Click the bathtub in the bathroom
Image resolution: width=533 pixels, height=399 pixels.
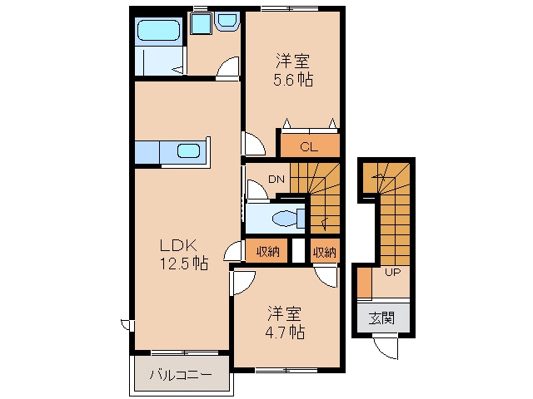coord(158,30)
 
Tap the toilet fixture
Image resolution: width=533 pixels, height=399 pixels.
coord(288,218)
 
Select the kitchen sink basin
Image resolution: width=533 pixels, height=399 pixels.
coord(189,150)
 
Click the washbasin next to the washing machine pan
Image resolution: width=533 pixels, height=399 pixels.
coord(227,21)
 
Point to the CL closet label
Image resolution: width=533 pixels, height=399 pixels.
coord(309,147)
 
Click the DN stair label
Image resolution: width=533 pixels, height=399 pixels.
coord(276,180)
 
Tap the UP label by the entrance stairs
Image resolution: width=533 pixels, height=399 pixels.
coord(392,272)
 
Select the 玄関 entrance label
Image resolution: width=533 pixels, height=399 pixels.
coord(382,318)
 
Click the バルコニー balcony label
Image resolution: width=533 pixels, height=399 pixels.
coord(182,375)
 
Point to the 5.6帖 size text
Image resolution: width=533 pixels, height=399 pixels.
coord(293,80)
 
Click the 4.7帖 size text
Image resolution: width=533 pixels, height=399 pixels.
coord(285,332)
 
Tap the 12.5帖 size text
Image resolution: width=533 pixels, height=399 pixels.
coord(184,263)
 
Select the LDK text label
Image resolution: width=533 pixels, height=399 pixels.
coord(178,245)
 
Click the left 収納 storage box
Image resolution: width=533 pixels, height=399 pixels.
coord(266,251)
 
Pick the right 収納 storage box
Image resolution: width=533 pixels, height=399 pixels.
coord(325,251)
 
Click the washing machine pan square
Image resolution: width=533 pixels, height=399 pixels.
coord(202,23)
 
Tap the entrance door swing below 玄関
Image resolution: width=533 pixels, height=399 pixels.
coord(386,347)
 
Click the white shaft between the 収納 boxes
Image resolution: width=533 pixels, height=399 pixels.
coord(299,251)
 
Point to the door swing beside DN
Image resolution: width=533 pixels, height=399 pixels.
coord(257,191)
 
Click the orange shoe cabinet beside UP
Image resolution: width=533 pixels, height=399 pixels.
coord(365,283)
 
